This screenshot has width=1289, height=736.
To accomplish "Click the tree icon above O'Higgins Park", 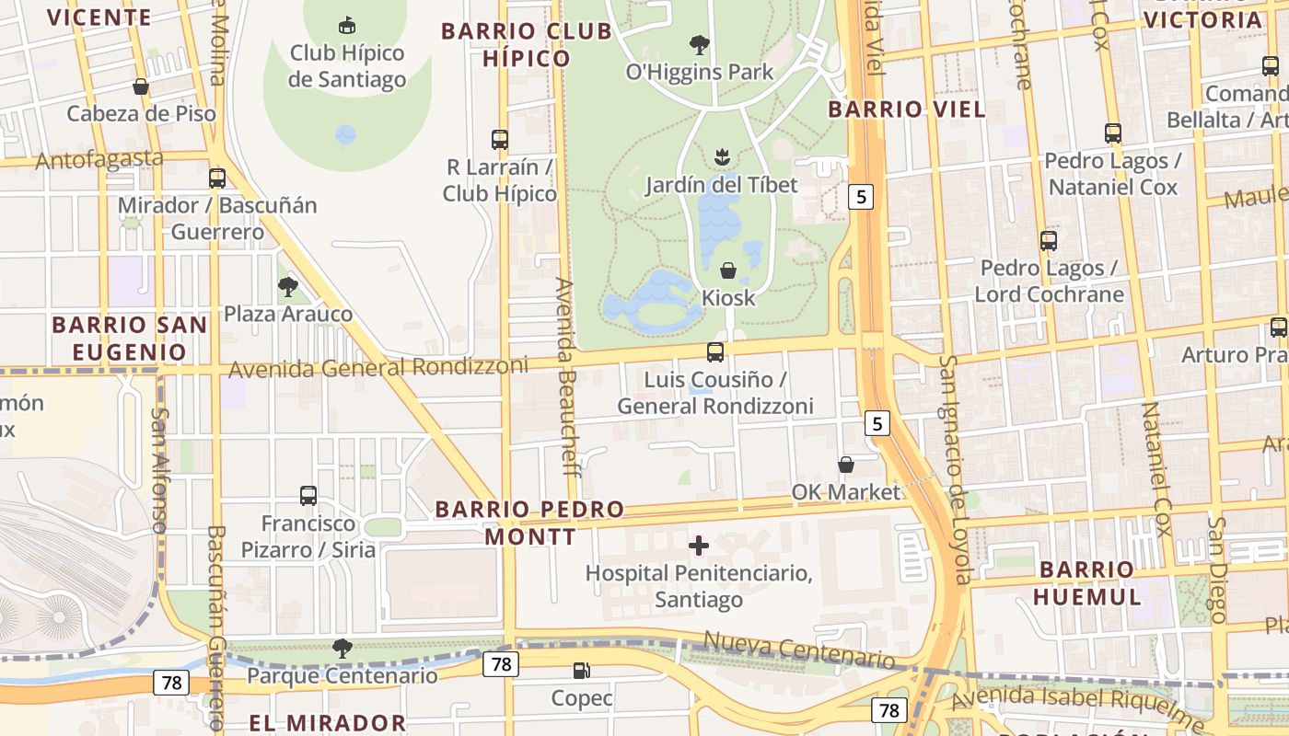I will pyautogui.click(x=700, y=44).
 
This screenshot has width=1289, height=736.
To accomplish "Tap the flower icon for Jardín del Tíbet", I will pyautogui.click(x=722, y=157).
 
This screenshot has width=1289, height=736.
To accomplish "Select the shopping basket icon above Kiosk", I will pyautogui.click(x=727, y=270).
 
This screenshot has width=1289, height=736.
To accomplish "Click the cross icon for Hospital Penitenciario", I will pyautogui.click(x=699, y=546).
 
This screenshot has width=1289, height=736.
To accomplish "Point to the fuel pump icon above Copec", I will pyautogui.click(x=581, y=671).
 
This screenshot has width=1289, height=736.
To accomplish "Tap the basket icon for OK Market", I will pyautogui.click(x=845, y=465).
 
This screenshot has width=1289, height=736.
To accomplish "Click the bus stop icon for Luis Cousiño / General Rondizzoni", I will pyautogui.click(x=714, y=351).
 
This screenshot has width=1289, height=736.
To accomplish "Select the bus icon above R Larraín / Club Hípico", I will pyautogui.click(x=500, y=140).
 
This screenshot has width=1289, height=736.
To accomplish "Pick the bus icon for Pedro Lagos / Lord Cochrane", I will pyautogui.click(x=1049, y=241).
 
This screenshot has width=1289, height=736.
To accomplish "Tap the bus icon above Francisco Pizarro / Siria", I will pyautogui.click(x=308, y=496).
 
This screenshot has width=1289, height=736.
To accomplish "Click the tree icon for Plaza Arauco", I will pyautogui.click(x=288, y=287).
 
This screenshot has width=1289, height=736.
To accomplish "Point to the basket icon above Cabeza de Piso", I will pyautogui.click(x=141, y=86).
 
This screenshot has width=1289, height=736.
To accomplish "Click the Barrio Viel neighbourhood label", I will pyautogui.click(x=906, y=109).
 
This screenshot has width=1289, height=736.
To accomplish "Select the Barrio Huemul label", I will pyautogui.click(x=1086, y=582).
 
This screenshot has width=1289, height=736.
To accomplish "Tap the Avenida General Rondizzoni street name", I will pyautogui.click(x=378, y=367).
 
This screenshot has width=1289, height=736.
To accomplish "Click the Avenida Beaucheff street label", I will pyautogui.click(x=566, y=377).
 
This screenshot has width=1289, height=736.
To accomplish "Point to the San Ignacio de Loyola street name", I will pyautogui.click(x=955, y=469).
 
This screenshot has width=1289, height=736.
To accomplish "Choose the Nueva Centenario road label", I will pyautogui.click(x=798, y=650).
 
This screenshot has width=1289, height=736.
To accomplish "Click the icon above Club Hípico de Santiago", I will pyautogui.click(x=347, y=25).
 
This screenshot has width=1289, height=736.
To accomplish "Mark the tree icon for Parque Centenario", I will pyautogui.click(x=343, y=649).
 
